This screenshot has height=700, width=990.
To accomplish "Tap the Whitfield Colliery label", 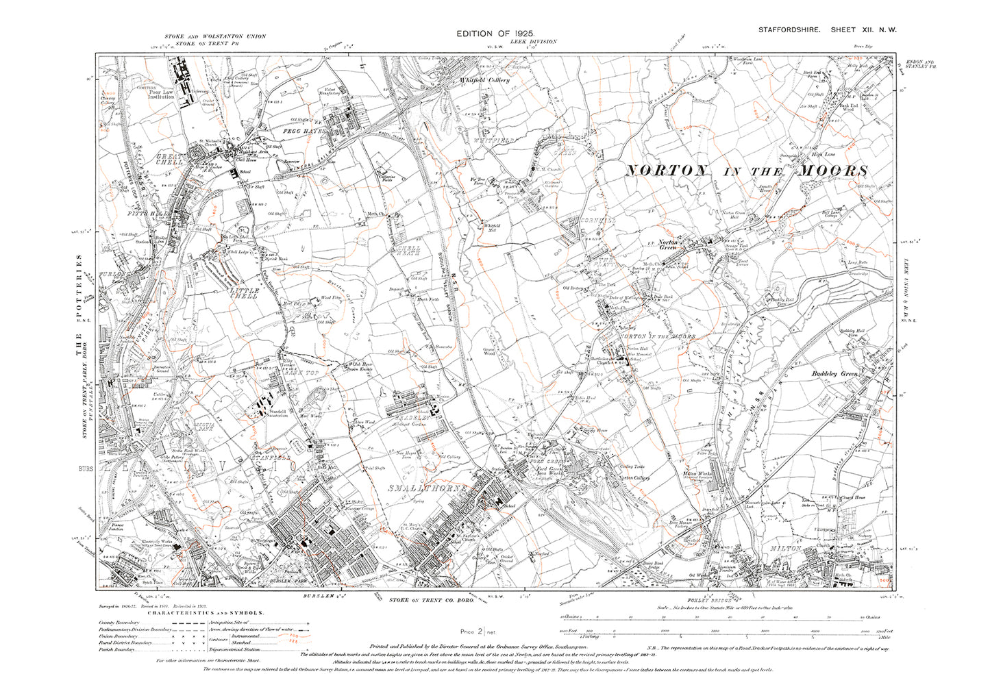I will tap(484, 80).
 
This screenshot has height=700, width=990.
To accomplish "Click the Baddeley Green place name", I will tap(834, 374).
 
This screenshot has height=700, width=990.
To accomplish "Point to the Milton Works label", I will tap(698, 473).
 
